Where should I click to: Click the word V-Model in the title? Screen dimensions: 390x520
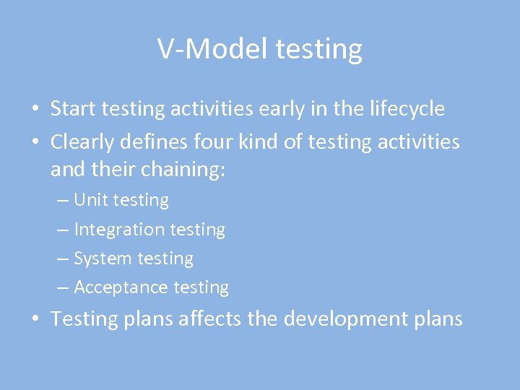click(213, 49)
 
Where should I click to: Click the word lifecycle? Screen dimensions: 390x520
click(404, 109)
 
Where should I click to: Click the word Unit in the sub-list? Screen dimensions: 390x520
click(90, 200)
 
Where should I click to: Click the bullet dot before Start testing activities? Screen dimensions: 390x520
click(34, 110)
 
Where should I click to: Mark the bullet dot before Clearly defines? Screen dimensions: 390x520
click(34, 143)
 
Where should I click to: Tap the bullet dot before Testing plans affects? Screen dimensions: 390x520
click(34, 319)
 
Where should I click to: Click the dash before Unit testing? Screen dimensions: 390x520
click(63, 201)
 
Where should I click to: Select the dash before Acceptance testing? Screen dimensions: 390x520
click(63, 288)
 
